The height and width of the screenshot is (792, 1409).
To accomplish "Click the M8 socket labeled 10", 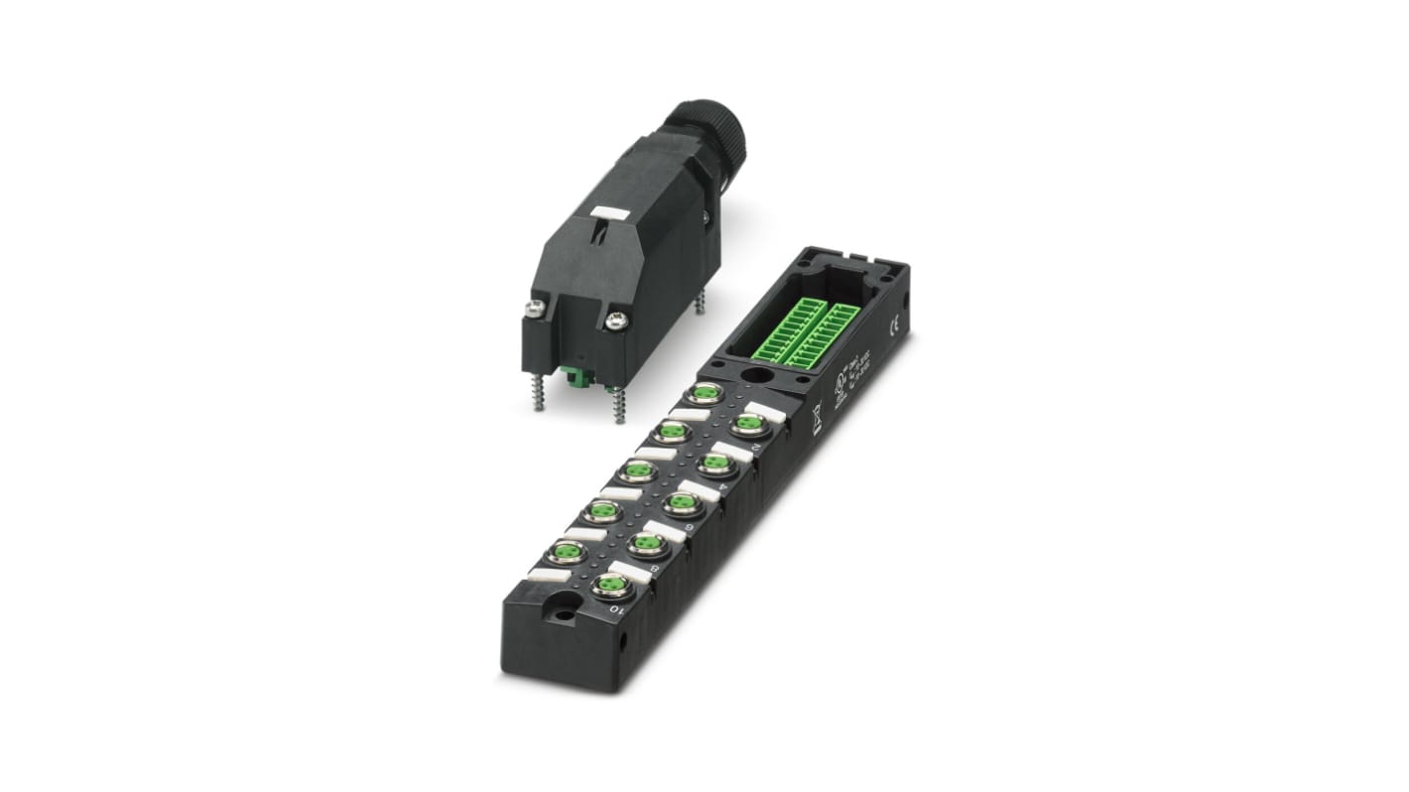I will pyautogui.click(x=608, y=588).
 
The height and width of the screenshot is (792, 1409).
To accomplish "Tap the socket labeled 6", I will pyautogui.click(x=680, y=503).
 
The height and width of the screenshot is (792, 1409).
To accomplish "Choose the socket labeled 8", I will pyautogui.click(x=645, y=544).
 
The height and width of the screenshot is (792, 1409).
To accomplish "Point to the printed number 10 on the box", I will pyautogui.click(x=615, y=609).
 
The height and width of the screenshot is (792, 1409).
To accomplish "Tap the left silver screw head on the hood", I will pyautogui.click(x=537, y=309).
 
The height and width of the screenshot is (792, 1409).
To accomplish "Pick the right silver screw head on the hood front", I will pyautogui.click(x=615, y=320).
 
